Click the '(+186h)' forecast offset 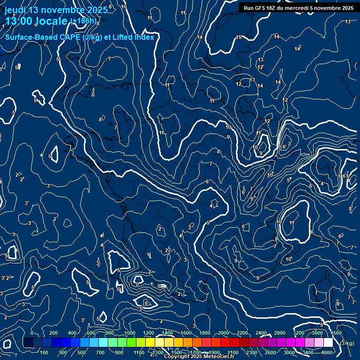[x=84, y=21]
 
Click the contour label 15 [x=238, y=37]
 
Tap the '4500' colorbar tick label [x=336, y=333]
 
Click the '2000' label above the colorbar [x=223, y=333]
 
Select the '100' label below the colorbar [x=45, y=352]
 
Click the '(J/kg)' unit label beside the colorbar [x=347, y=344]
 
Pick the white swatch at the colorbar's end [x=328, y=343]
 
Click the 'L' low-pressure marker [x=150, y=255]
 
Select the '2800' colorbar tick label [x=279, y=333]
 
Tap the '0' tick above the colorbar [x=32, y=333]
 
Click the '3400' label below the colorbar [x=308, y=352]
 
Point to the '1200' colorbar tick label [x=148, y=333]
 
